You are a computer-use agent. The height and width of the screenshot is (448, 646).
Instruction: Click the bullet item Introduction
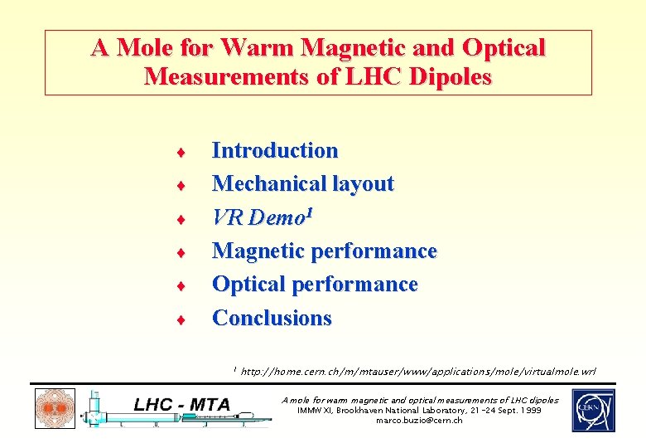pos(275,150)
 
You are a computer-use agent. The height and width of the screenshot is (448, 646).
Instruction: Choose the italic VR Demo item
pos(258,217)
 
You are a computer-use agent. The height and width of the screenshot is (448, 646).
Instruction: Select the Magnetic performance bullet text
pos(324,251)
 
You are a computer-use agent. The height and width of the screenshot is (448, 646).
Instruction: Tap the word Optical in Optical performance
pos(246,284)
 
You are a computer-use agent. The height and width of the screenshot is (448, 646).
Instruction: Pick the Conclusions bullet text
pos(272,318)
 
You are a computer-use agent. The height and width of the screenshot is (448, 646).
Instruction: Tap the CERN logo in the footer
pos(593,410)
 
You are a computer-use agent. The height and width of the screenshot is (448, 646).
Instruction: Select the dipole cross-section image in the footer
pos(55,409)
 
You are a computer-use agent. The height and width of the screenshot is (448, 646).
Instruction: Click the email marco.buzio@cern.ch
pos(419,421)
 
